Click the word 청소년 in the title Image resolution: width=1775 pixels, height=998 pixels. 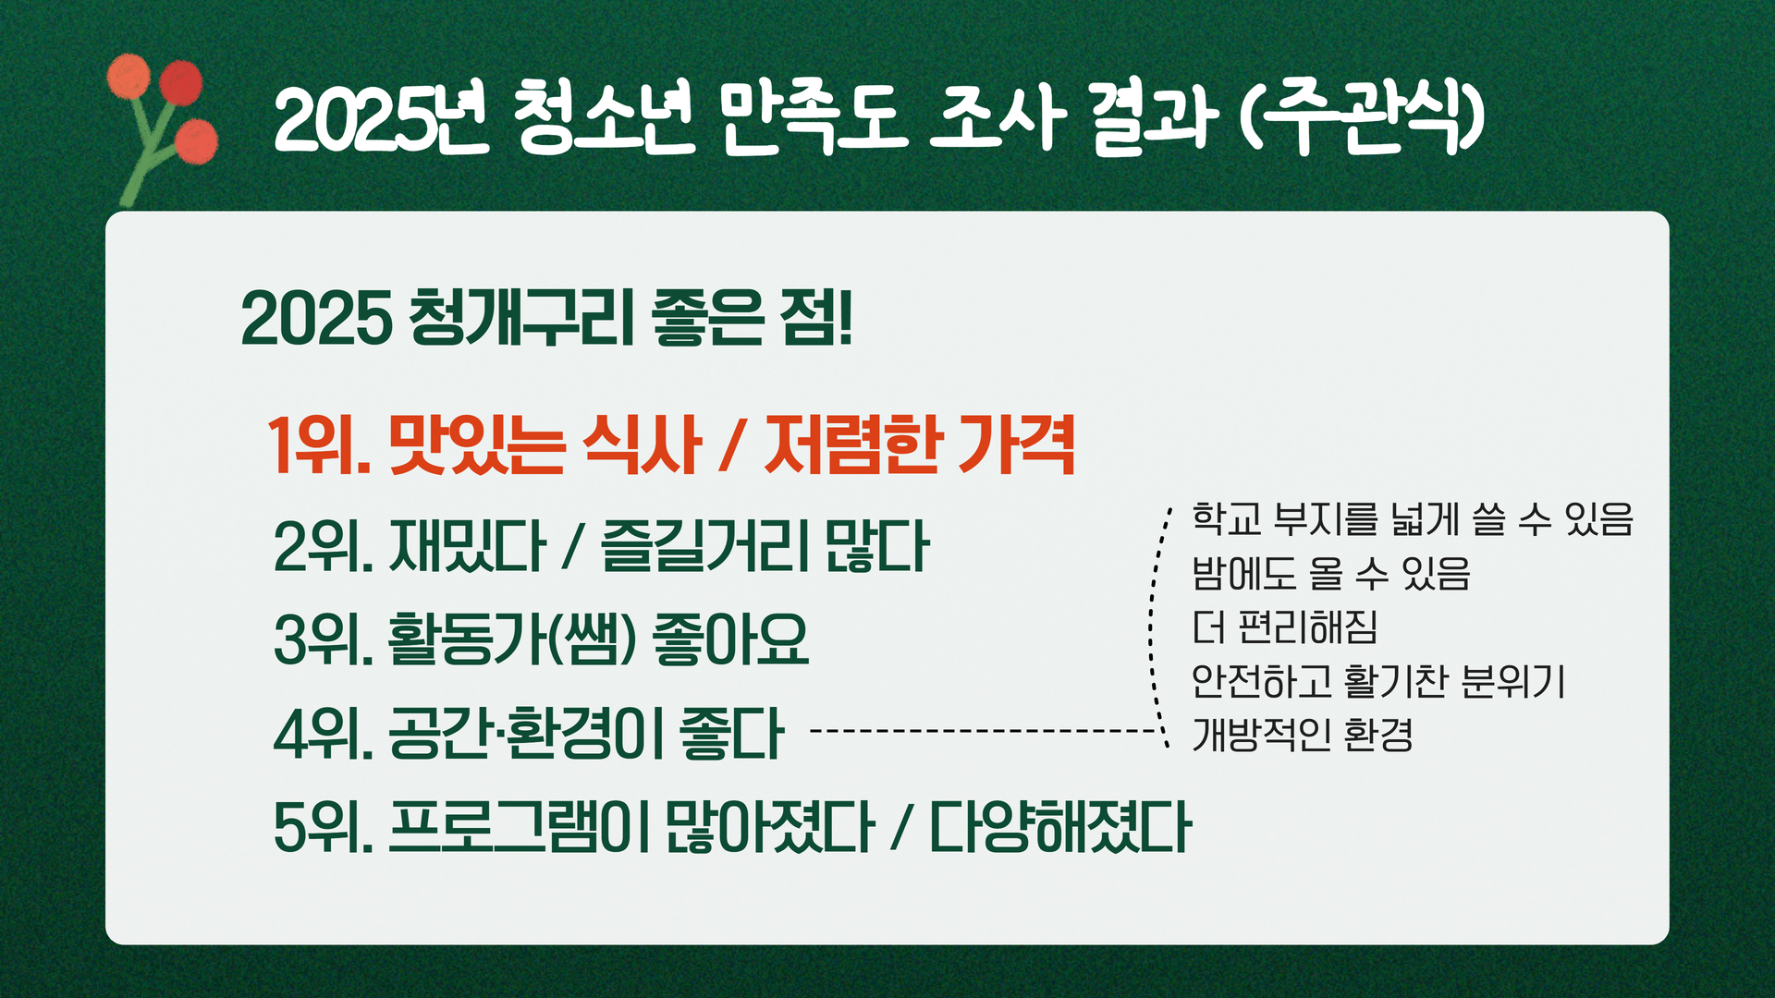(602, 119)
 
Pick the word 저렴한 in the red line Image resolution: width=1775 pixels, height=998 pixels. (851, 445)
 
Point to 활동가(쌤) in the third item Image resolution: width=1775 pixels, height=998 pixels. (512, 639)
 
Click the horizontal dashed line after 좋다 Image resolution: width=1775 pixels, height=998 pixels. (984, 731)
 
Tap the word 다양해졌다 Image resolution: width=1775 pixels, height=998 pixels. (1060, 827)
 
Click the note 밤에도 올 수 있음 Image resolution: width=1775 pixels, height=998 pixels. (1330, 573)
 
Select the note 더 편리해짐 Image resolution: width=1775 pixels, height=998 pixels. (1284, 627)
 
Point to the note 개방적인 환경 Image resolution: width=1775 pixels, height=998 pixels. (1302, 736)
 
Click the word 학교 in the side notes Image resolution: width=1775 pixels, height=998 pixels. (1227, 518)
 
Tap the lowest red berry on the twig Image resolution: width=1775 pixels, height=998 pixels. (196, 141)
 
